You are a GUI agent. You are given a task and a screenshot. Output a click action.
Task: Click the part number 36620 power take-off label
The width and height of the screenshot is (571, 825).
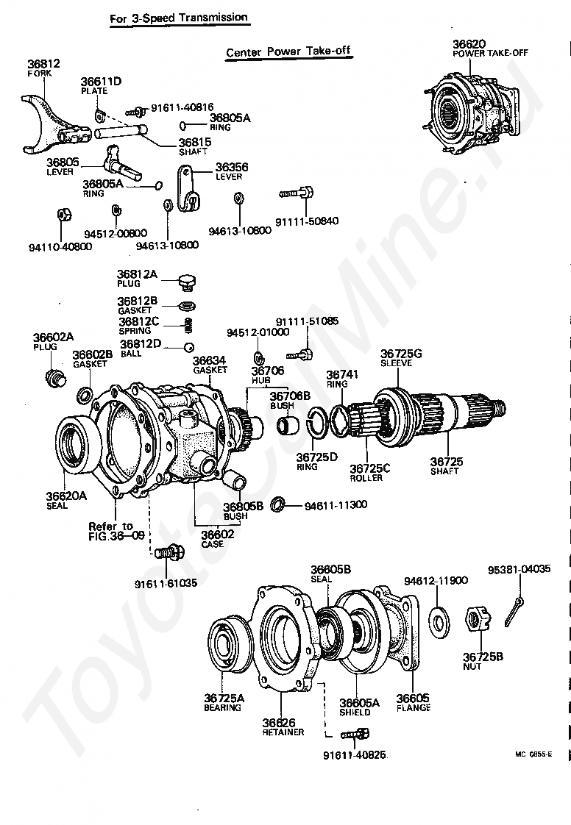tap(469, 44)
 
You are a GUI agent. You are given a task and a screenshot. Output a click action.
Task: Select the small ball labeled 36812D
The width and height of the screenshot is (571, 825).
tap(188, 347)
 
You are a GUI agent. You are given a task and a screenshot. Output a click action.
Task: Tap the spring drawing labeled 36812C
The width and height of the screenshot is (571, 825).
tap(188, 324)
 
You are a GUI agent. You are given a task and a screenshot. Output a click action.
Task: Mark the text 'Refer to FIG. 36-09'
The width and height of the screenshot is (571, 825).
tap(110, 531)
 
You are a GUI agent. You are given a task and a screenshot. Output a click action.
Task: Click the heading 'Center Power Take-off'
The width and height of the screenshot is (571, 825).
tap(288, 52)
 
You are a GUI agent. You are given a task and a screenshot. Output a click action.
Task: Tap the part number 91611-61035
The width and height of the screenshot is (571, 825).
tap(166, 584)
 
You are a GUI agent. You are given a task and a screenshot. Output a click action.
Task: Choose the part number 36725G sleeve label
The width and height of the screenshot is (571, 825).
tap(401, 354)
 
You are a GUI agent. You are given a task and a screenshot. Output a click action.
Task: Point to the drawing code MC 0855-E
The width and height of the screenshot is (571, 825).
tap(533, 754)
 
